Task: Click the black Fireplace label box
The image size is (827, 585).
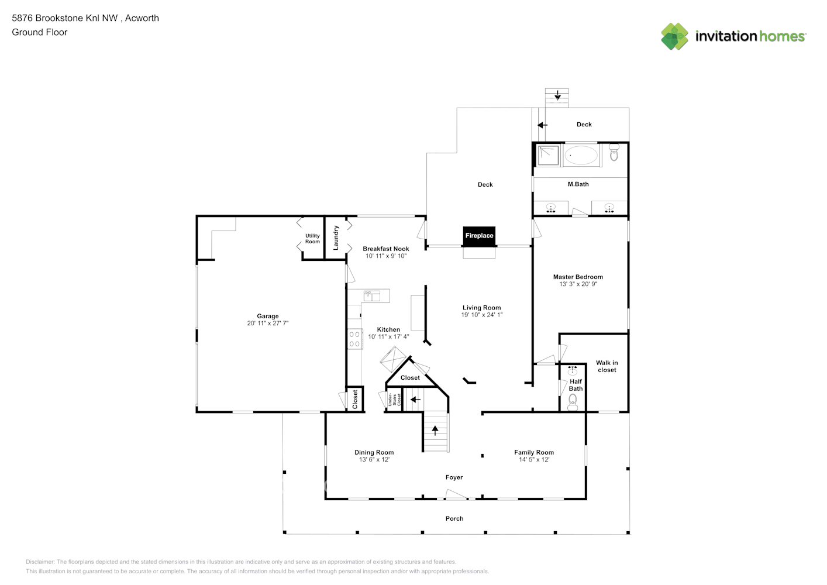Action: (x=479, y=236)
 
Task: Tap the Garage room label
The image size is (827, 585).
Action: (x=267, y=316)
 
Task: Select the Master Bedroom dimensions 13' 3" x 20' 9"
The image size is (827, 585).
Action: (x=578, y=284)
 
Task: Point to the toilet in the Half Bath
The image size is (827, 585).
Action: (x=573, y=401)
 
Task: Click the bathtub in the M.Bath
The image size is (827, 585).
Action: (x=581, y=155)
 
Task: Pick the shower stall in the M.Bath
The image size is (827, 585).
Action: (x=548, y=154)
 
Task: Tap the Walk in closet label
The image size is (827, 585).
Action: (x=607, y=366)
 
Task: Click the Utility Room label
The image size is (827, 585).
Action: (x=312, y=239)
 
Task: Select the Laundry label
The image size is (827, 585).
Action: (x=336, y=238)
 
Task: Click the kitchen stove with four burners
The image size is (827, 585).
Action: (x=354, y=339)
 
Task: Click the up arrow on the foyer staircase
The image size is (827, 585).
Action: (x=435, y=430)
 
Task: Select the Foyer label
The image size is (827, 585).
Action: (x=454, y=477)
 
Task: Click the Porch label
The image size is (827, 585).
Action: (x=454, y=518)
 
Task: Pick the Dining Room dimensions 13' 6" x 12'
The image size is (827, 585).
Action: (x=374, y=460)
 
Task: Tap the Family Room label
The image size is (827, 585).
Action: (x=533, y=452)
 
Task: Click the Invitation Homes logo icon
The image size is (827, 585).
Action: (x=674, y=36)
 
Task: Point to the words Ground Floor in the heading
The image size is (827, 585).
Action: (x=40, y=32)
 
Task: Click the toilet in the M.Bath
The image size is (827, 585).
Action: (x=614, y=153)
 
